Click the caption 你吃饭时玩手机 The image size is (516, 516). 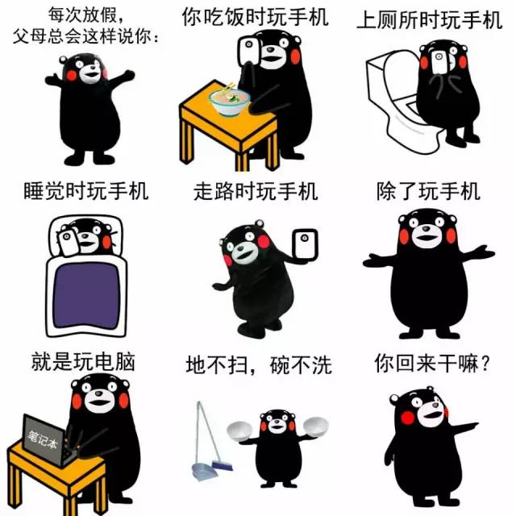[x=256, y=17]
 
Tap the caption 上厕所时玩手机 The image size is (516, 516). [x=429, y=20]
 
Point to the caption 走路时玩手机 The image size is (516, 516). [x=256, y=192]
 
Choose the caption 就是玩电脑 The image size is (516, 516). [x=82, y=361]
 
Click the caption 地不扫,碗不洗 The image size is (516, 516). [x=258, y=365]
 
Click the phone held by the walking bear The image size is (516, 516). [x=304, y=246]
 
